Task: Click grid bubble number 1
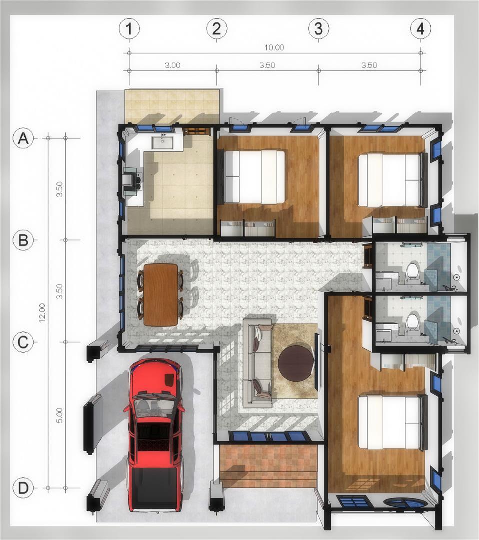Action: [x=129, y=29]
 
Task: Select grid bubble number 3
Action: [x=318, y=28]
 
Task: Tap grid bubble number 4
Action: [x=421, y=29]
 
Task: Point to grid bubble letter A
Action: [x=23, y=138]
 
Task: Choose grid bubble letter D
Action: [x=23, y=488]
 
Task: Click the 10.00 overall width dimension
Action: [x=274, y=48]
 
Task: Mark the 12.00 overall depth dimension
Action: [x=42, y=312]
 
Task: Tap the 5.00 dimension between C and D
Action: [x=59, y=415]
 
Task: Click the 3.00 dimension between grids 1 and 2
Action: [x=172, y=65]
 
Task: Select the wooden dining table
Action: [x=161, y=295]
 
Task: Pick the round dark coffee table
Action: [x=296, y=363]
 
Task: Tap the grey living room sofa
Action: [x=258, y=361]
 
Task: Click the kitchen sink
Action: [x=162, y=141]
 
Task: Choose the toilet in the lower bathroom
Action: [x=412, y=325]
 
